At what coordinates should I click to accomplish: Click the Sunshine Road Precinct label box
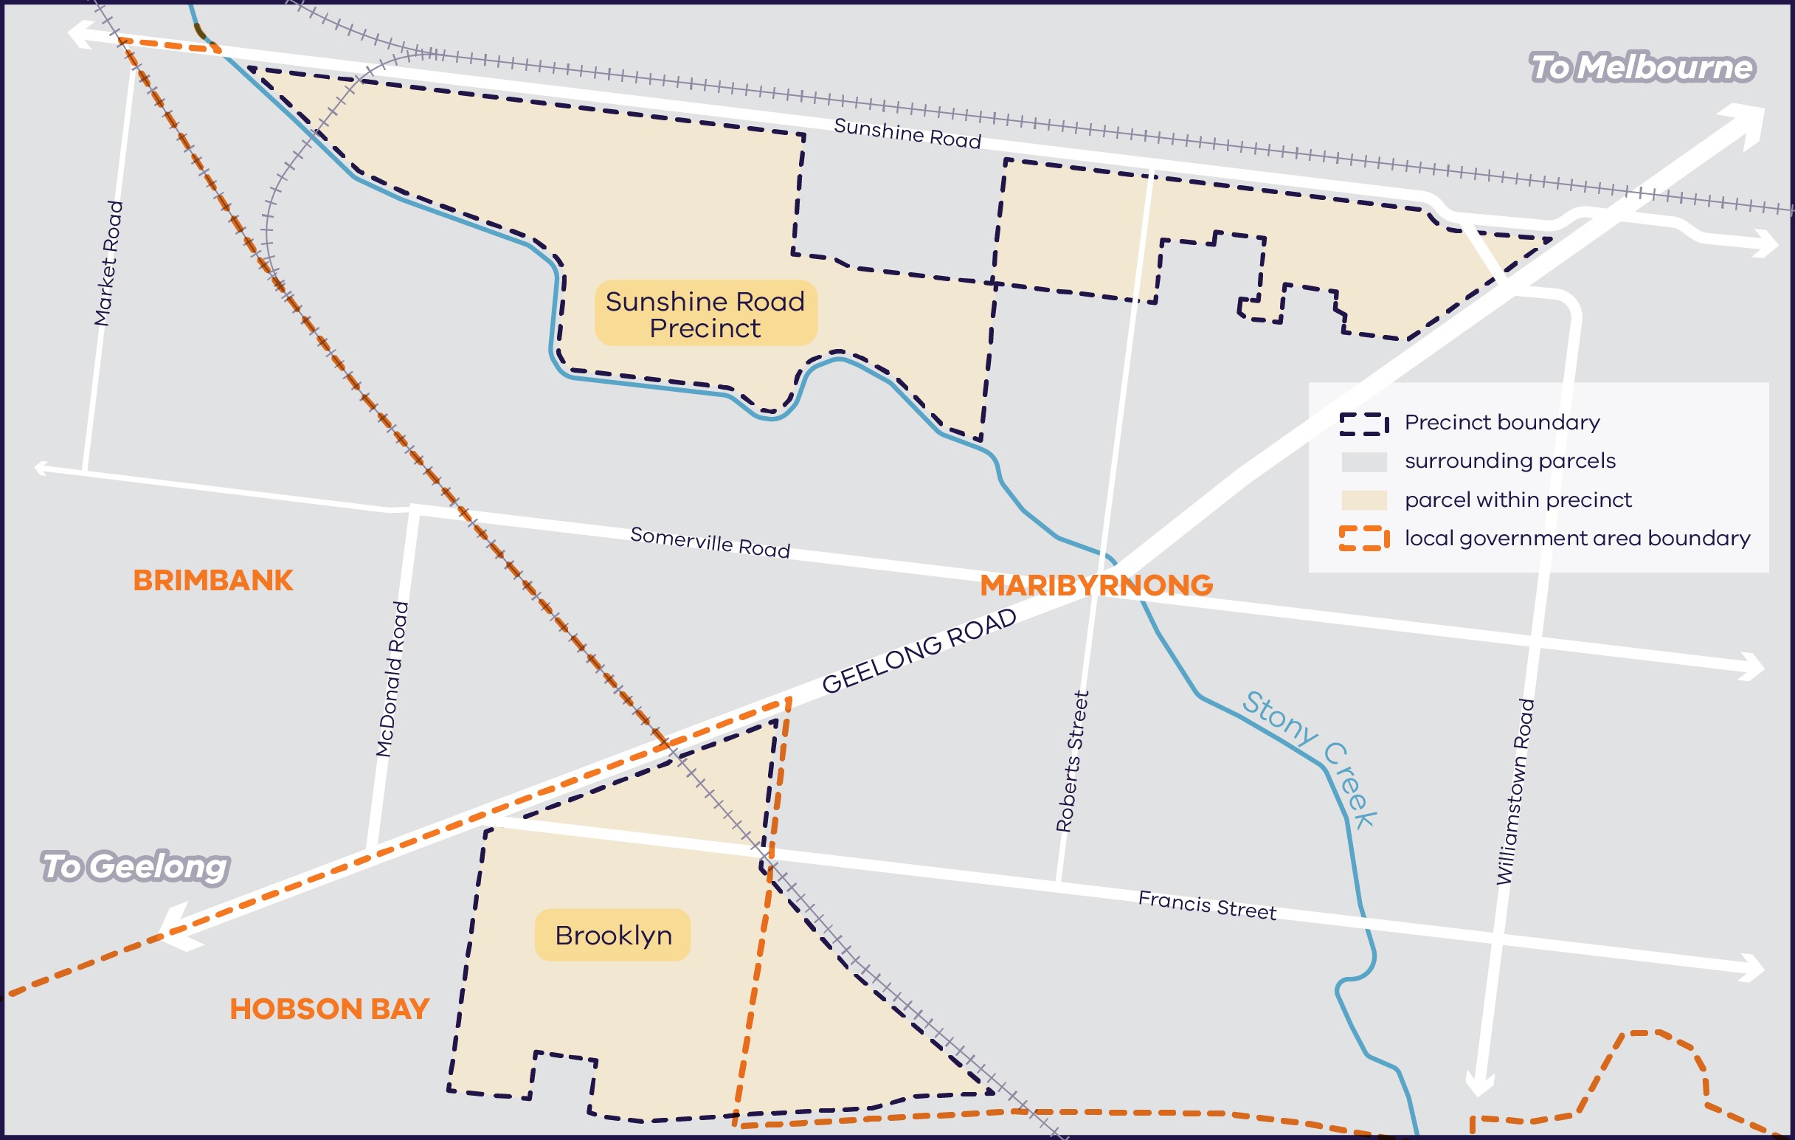[x=705, y=313]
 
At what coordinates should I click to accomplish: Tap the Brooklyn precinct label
[x=613, y=935]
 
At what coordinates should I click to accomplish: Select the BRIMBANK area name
[x=213, y=581]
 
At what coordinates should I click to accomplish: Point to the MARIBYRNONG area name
[x=1096, y=585]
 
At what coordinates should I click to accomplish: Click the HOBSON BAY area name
[x=330, y=1009]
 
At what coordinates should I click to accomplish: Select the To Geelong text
[x=135, y=866]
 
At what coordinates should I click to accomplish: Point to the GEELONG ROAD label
[x=919, y=651]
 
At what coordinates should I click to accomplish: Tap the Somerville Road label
[x=710, y=542]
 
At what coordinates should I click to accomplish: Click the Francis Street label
[x=1207, y=905]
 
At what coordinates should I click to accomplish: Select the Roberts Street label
[x=1073, y=761]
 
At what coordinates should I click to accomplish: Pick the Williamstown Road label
[x=1516, y=791]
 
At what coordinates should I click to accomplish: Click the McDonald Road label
[x=392, y=680]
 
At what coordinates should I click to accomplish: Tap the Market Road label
[x=109, y=263]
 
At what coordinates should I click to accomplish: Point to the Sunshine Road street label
[x=907, y=134]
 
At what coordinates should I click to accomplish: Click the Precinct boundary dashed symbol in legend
[x=1363, y=424]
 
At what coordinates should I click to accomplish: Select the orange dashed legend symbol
[x=1363, y=538]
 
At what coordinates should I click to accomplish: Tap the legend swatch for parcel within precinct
[x=1363, y=500]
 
